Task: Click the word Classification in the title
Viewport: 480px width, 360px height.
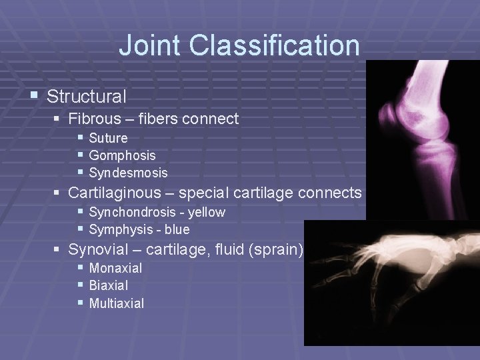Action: click(x=274, y=45)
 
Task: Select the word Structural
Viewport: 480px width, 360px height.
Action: click(x=87, y=96)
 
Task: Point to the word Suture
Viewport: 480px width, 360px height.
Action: click(x=108, y=138)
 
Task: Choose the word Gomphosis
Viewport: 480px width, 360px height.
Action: click(x=122, y=155)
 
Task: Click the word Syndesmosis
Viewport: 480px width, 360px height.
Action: click(x=128, y=173)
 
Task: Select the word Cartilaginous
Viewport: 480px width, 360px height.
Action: click(x=115, y=193)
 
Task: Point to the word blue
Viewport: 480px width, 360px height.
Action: click(x=176, y=229)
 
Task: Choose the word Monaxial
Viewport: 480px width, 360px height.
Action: click(x=115, y=268)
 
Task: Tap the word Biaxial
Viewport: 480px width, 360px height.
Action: click(x=109, y=285)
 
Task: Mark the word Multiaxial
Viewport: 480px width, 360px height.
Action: click(x=116, y=303)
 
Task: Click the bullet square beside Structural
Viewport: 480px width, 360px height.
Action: click(x=35, y=96)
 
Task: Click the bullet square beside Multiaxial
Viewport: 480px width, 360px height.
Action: click(x=80, y=303)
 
